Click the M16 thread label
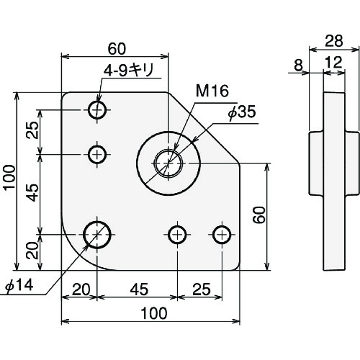point(212,91)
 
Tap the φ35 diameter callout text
point(242,112)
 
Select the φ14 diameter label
point(19,285)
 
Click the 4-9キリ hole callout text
point(128,71)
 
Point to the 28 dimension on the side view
point(334,41)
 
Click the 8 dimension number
point(298,65)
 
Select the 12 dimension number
point(334,63)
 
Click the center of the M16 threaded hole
point(168,163)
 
